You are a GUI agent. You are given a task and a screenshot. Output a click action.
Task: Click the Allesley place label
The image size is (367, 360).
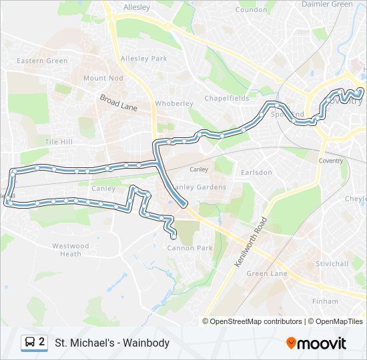[137, 7]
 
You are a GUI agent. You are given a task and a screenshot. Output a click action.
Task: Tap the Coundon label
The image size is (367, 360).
[251, 10]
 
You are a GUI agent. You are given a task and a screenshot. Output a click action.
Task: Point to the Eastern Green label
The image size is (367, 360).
[42, 61]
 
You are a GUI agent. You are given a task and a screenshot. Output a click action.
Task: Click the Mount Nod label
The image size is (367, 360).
[103, 78]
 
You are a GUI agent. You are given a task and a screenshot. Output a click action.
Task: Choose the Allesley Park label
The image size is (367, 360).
[143, 59]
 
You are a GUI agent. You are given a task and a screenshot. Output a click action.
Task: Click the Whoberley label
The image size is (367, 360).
[173, 103]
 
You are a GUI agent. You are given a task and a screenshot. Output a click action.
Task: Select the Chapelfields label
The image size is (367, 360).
[226, 98]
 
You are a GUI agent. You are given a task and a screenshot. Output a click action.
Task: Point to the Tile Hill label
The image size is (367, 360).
[58, 142]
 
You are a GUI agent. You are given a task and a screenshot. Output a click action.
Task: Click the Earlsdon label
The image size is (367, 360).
[256, 172]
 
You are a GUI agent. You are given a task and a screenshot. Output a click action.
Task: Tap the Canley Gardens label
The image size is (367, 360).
[199, 187]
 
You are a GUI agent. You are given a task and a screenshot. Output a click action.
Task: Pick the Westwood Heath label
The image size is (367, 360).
[70, 249]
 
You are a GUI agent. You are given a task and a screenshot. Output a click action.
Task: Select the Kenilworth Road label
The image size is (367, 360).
[250, 242]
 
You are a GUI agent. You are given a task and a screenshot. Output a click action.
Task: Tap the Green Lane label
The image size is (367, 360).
[267, 273]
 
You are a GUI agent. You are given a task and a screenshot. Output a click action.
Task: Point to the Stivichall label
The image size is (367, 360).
[332, 263]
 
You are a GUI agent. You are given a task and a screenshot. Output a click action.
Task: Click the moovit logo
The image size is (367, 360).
[316, 343]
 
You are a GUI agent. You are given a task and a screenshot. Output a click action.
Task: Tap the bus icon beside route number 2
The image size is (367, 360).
[30, 343]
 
